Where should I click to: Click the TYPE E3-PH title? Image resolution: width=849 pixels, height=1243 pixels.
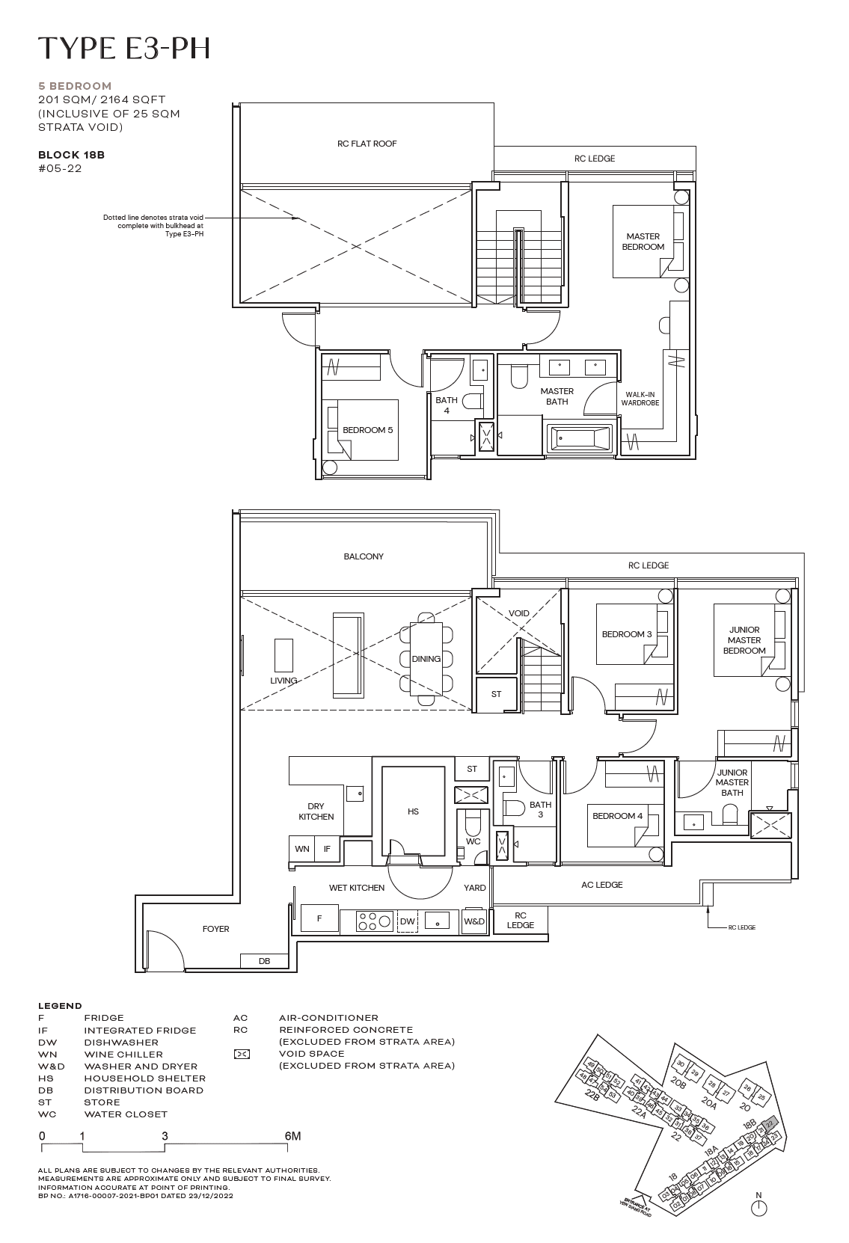(124, 48)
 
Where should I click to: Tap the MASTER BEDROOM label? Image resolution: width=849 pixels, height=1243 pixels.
(643, 242)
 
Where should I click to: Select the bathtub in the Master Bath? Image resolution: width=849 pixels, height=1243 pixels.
(579, 438)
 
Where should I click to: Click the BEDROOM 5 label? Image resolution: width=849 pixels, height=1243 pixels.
(367, 430)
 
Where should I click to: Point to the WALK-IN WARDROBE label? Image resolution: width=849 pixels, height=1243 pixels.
(640, 399)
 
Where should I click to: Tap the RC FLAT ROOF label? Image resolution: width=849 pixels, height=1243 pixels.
(367, 144)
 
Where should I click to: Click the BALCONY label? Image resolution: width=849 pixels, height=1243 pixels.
(364, 556)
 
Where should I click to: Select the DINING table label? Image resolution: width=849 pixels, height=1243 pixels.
(426, 659)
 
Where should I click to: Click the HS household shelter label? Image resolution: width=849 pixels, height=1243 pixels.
(413, 811)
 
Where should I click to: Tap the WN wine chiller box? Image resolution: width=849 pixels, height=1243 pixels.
(301, 849)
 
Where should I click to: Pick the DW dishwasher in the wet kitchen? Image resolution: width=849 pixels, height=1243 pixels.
(407, 922)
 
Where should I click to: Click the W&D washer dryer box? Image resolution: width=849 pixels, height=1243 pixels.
(473, 921)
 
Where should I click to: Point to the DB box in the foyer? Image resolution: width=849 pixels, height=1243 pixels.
(264, 961)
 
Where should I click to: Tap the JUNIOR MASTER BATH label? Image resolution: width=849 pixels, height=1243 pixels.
(732, 782)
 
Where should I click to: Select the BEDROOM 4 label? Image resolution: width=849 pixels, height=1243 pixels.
(617, 816)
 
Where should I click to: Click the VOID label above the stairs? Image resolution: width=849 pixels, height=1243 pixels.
(518, 613)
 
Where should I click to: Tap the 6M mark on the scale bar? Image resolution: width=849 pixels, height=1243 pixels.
(292, 1136)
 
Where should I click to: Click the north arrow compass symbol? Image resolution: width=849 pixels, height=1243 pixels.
(758, 1206)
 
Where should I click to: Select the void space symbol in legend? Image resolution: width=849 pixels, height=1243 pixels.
(242, 1054)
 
